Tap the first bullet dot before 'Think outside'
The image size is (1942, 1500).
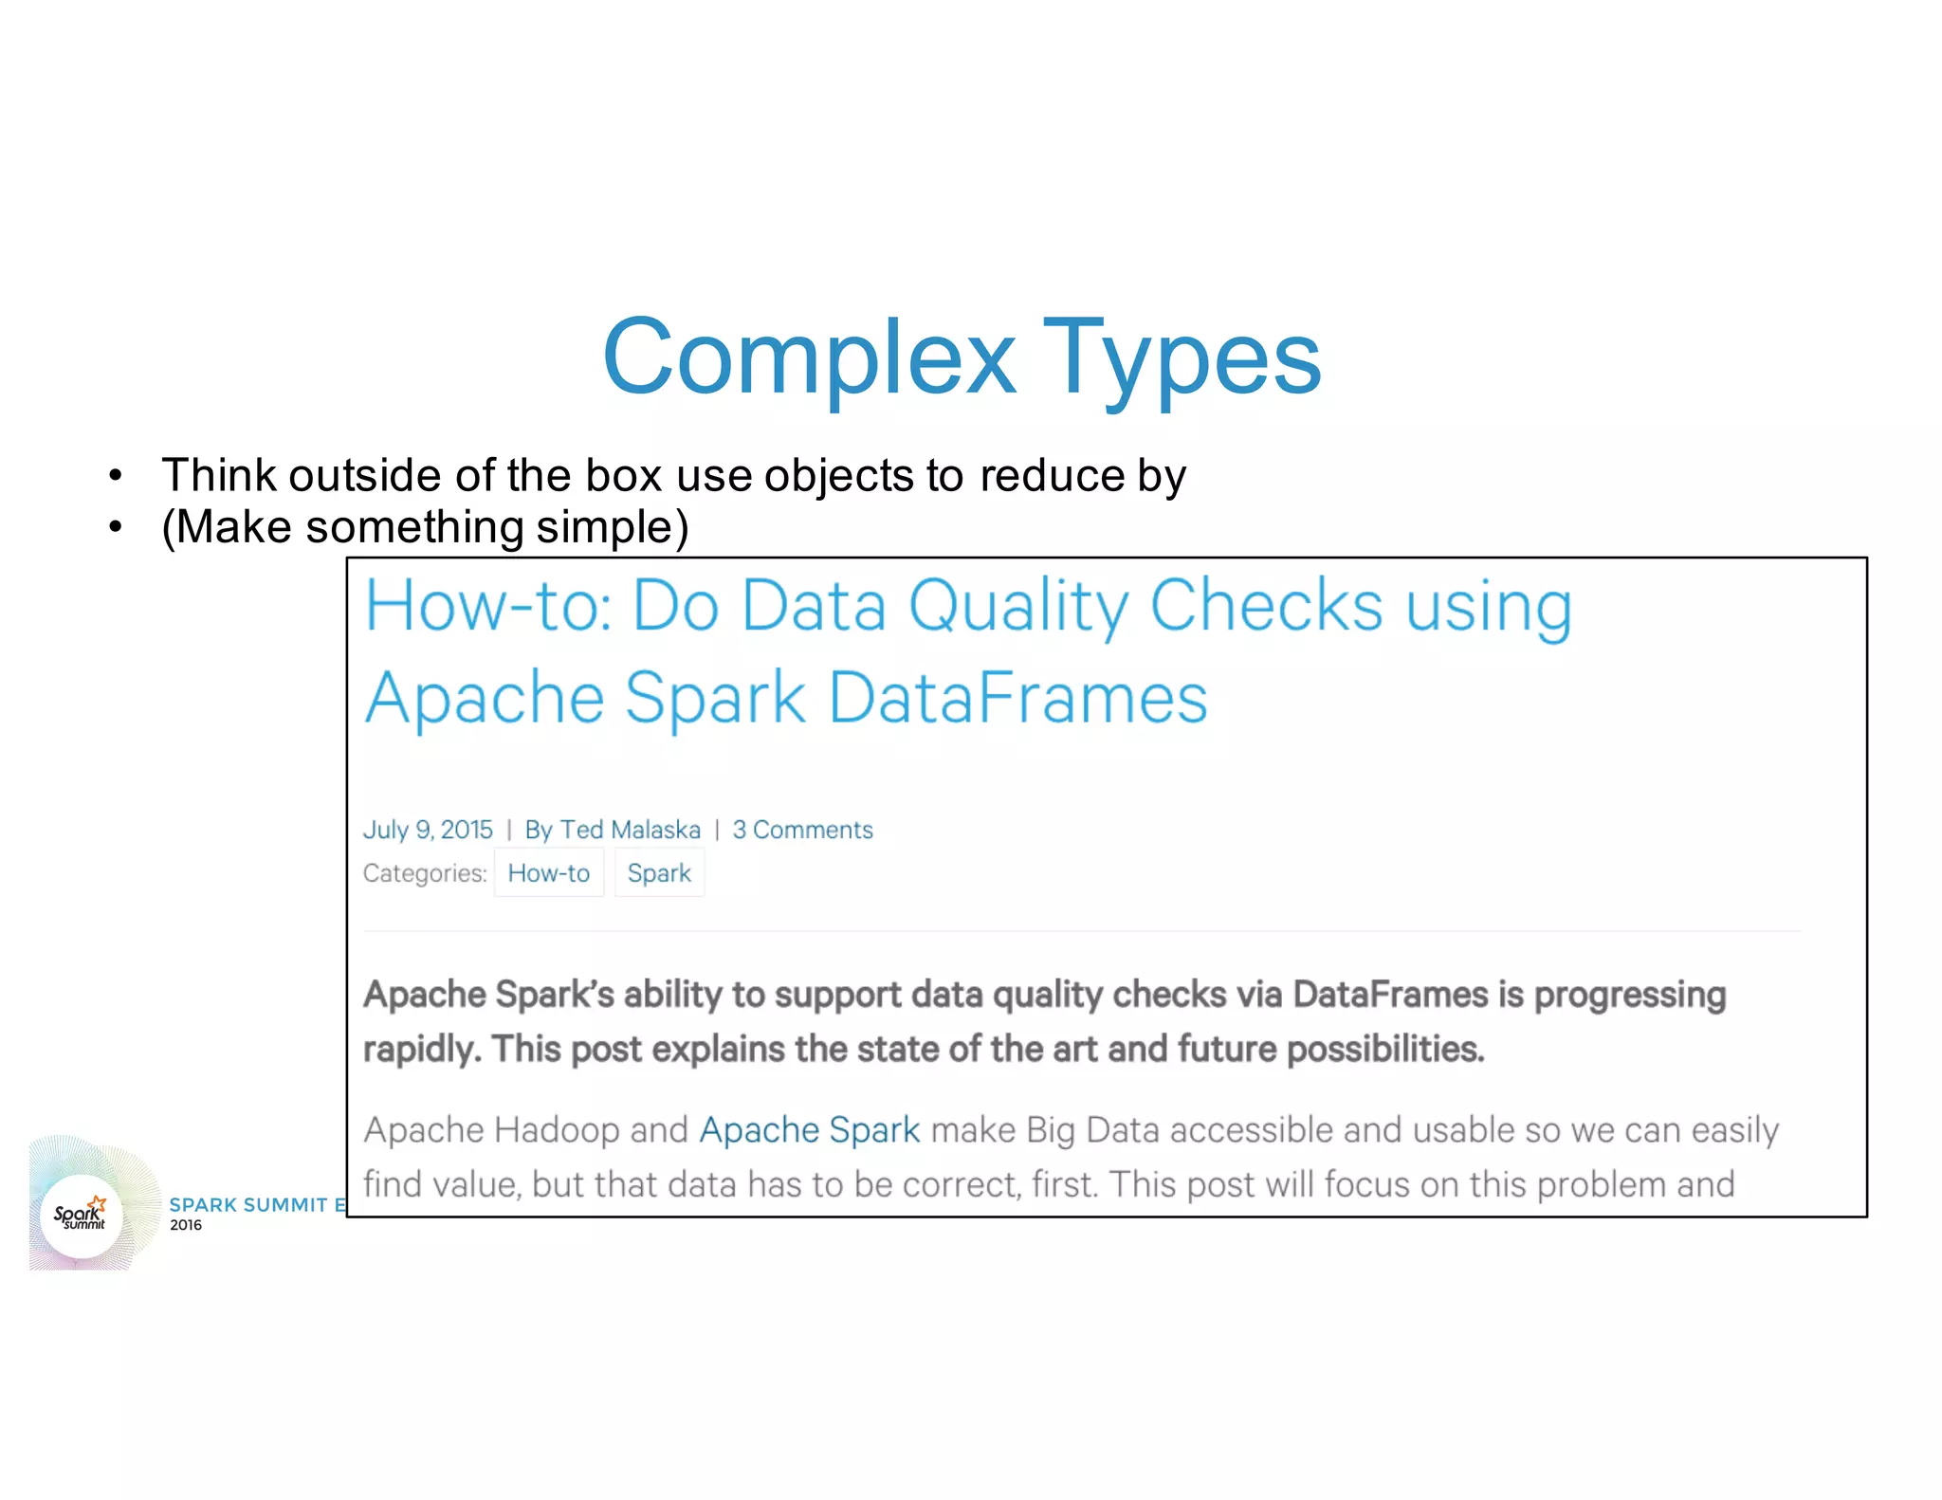116,475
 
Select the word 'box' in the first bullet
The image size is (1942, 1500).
623,475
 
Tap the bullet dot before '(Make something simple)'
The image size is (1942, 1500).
116,527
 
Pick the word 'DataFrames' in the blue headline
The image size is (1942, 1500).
1017,698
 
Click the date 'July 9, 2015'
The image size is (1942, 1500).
428,830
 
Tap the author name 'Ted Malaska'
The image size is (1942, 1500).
630,830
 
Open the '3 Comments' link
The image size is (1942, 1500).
802,830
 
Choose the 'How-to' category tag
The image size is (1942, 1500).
548,873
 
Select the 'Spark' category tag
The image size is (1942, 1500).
659,873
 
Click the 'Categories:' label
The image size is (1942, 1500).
425,873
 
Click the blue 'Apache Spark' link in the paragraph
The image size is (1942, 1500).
809,1130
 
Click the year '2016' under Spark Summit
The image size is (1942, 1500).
186,1225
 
